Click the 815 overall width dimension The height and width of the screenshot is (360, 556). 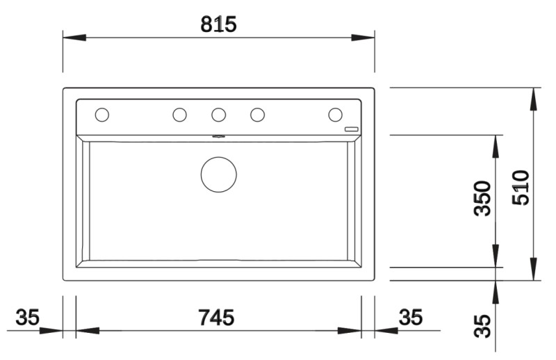[x=219, y=24]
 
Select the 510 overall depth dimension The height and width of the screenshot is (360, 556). [x=523, y=186]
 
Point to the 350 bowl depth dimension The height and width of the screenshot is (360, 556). [x=483, y=199]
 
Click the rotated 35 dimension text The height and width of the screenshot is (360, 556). [x=483, y=326]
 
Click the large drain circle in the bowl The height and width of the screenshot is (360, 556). [x=218, y=174]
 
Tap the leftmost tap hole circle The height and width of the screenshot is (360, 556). [x=101, y=114]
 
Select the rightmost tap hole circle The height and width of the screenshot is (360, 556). [x=335, y=114]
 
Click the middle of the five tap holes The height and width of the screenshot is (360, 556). [x=218, y=114]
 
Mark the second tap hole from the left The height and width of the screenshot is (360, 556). [x=179, y=114]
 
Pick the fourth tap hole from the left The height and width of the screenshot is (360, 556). [x=257, y=114]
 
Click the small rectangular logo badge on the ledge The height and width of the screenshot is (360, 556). [x=352, y=129]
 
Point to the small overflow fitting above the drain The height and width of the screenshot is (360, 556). [x=218, y=137]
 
